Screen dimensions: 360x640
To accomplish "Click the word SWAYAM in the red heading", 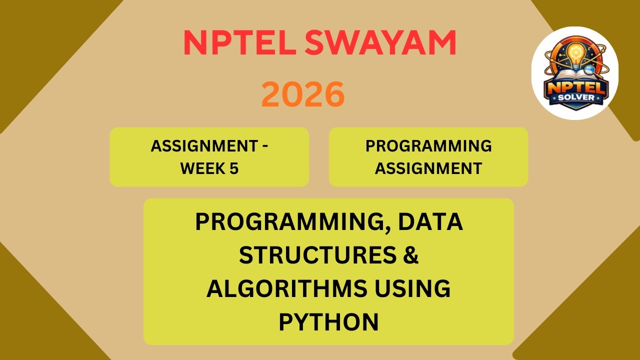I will pos(380,43).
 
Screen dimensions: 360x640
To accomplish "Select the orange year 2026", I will pos(303,94).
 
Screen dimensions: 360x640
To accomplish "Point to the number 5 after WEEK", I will pos(234,168).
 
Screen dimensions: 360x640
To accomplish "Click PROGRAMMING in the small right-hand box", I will pos(428,146).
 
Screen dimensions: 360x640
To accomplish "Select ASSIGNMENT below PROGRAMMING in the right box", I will pos(428,168).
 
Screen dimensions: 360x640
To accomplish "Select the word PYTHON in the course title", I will pos(328,322).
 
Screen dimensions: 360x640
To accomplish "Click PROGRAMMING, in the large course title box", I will pos(293,222).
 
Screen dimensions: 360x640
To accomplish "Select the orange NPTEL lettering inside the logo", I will pos(575,86).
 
